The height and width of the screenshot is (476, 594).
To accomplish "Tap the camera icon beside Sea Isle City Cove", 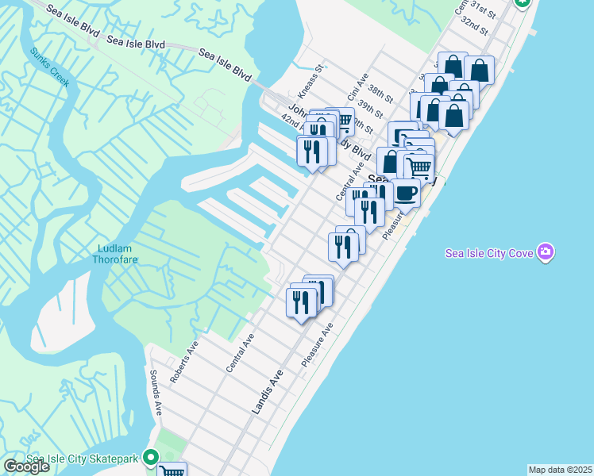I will point(546,252).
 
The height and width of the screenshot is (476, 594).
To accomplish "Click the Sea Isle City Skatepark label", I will point(82,459).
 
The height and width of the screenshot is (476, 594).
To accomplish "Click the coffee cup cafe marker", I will point(406,193).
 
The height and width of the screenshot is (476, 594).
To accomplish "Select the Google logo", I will point(26,466).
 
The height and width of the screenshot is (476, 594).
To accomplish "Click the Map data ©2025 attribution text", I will point(560,470).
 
